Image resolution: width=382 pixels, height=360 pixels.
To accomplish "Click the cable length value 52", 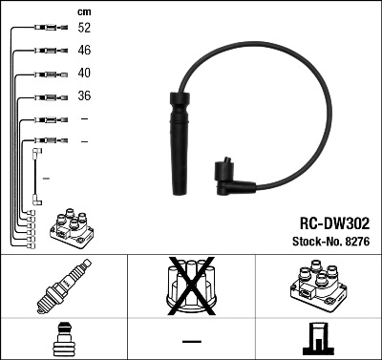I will click(84, 29).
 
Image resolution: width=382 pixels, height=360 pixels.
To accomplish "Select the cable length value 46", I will click(84, 51).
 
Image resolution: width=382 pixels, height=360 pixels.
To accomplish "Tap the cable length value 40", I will click(84, 74).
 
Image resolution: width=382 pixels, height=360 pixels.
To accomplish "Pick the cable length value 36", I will click(84, 96).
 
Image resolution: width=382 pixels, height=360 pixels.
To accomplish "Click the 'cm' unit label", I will click(83, 11).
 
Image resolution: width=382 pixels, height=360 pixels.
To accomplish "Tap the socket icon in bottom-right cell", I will click(316, 338).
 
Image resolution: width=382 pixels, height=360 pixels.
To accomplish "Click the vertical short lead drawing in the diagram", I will click(37, 176).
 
